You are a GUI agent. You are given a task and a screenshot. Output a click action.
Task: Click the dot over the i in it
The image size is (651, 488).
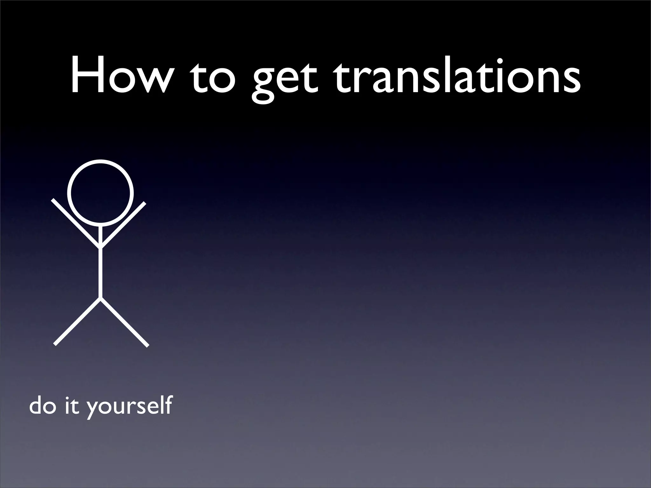[x=68, y=396]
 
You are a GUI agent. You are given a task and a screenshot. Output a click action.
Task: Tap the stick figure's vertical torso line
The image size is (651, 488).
[x=100, y=273]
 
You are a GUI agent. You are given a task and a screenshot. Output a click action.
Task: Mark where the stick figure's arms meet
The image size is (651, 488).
[x=100, y=246]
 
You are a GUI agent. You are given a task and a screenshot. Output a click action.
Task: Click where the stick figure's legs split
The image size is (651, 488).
[x=100, y=299]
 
